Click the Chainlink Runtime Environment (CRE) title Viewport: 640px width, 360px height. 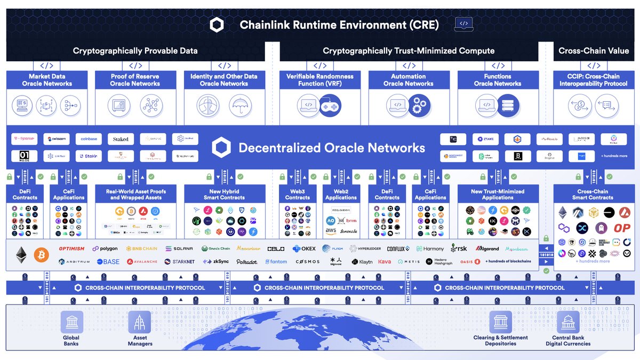(x=339, y=25)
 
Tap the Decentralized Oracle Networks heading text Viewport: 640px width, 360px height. (x=332, y=148)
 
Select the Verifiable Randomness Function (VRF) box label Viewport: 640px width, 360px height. (x=319, y=80)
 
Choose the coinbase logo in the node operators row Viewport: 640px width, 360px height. (x=89, y=139)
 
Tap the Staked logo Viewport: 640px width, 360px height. (x=121, y=139)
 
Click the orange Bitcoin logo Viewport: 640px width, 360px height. (x=41, y=255)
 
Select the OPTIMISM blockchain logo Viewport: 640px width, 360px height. (x=71, y=249)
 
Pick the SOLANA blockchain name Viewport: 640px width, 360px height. (x=179, y=249)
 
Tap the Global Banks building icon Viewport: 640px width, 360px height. (x=71, y=322)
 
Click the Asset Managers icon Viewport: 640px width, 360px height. (x=139, y=322)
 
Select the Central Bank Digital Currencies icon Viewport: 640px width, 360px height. (x=568, y=322)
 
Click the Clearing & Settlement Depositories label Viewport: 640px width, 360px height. (x=500, y=340)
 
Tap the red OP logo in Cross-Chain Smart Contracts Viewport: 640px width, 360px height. (x=621, y=228)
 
